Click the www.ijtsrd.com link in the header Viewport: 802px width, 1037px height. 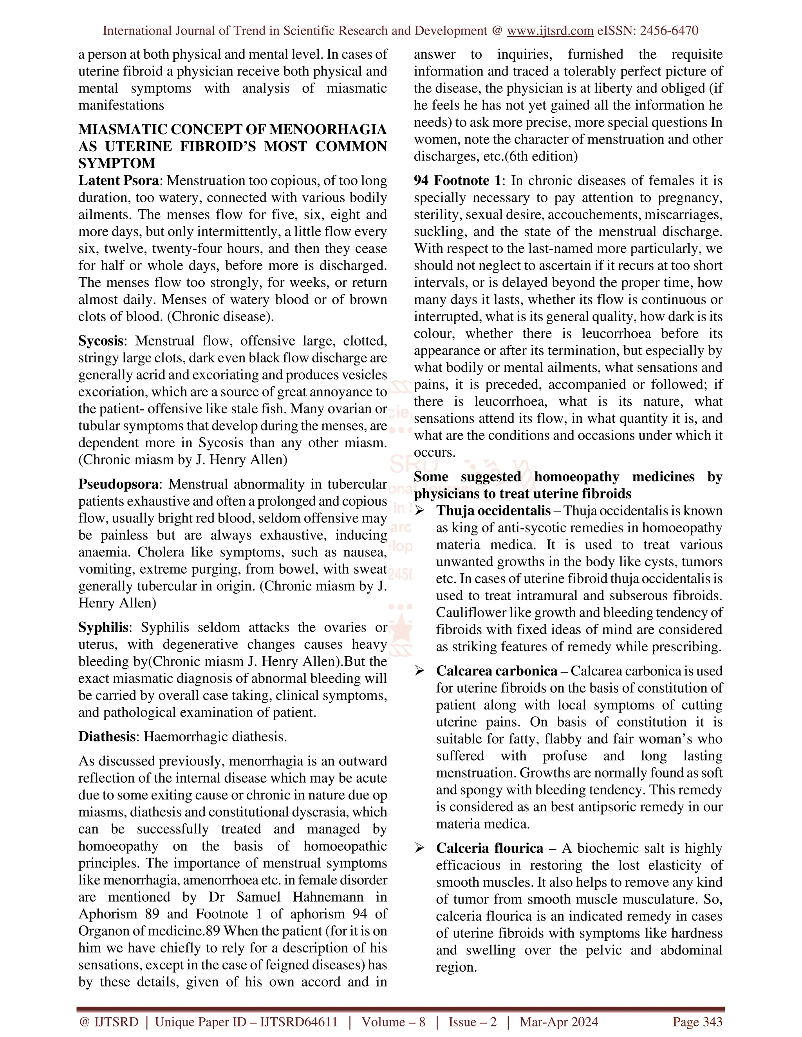tap(550, 31)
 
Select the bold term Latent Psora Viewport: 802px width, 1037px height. tap(118, 181)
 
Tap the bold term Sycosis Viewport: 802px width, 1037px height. tap(100, 341)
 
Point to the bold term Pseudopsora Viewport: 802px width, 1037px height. tap(118, 484)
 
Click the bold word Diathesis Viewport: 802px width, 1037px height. tap(107, 737)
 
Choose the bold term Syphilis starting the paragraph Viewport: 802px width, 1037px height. tap(103, 628)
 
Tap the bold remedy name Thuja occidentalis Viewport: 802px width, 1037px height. tap(493, 511)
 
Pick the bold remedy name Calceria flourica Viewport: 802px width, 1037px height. tap(490, 848)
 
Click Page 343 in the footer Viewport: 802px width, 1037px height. tap(697, 1022)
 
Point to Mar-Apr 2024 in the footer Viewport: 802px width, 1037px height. tap(559, 1022)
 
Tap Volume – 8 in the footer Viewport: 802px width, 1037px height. tap(394, 1022)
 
